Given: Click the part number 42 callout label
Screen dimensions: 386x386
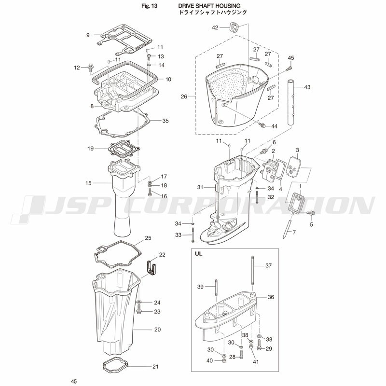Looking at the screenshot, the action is coord(215,28).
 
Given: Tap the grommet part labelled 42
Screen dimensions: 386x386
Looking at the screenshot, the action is coord(234,28).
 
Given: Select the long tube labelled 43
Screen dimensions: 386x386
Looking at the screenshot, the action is coord(291,102).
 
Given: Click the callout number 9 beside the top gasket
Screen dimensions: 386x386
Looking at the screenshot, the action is coord(88,35).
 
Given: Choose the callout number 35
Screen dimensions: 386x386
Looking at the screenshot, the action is coord(165,121).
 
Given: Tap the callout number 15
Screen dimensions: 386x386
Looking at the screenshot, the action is coord(88,183).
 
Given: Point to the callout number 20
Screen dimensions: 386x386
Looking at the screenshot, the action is coord(158,330).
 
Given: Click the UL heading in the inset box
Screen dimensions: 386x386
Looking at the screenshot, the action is coord(199,254).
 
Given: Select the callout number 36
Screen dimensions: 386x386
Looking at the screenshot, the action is coord(271,297).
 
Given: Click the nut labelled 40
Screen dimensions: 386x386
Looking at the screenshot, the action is coord(224,360).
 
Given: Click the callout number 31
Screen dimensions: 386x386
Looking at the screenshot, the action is coord(200,187).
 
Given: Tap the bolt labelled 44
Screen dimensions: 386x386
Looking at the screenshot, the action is coord(263,125).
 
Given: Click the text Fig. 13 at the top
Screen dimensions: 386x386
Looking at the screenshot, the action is coord(149,6).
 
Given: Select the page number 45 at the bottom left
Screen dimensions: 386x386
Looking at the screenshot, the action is coord(74,381).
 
